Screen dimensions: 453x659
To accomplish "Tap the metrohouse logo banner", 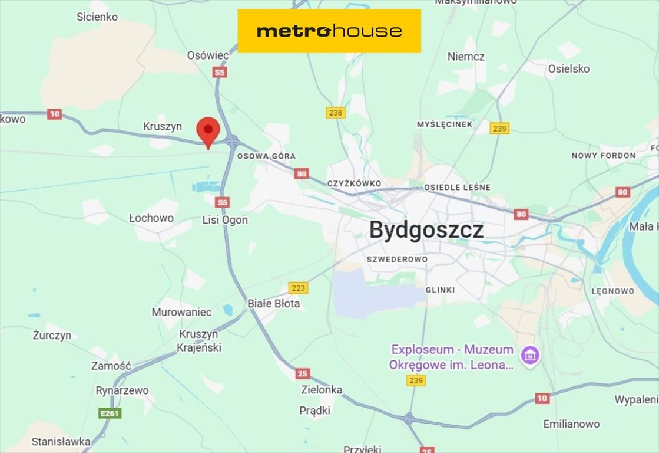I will [x=329, y=31].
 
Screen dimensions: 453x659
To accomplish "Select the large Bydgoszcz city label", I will [x=426, y=230].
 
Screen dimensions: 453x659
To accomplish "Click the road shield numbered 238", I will [x=335, y=113].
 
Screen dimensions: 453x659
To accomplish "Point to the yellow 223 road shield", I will [x=298, y=288].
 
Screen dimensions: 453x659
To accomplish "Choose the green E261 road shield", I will [x=110, y=413].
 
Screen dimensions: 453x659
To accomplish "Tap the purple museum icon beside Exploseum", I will [x=530, y=356].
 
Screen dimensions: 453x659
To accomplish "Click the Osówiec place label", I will [x=207, y=55].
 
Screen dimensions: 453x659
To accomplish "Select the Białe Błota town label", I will [x=273, y=304].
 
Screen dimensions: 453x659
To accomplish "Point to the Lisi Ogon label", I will [x=225, y=220].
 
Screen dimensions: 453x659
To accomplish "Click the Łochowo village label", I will [x=151, y=218].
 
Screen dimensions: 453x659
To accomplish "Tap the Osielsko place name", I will [x=568, y=69].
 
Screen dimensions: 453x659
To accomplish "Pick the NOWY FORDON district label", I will [x=604, y=156].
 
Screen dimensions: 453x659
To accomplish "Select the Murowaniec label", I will [x=181, y=312].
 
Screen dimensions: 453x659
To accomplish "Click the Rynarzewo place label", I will [x=122, y=390].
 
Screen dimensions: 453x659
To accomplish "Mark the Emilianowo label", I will [x=571, y=424].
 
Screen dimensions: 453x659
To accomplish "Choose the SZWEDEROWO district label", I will [x=397, y=260].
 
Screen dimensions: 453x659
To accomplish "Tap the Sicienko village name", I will [x=97, y=17].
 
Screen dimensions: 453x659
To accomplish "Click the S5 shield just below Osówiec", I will [x=219, y=73].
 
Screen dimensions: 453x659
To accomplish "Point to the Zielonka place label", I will [x=321, y=390].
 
